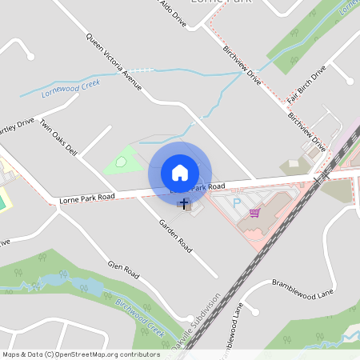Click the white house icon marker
pyautogui.click(x=180, y=172)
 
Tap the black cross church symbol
pyautogui.click(x=184, y=204)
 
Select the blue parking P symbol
pyautogui.click(x=237, y=205)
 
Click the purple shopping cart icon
pyautogui.click(x=254, y=213)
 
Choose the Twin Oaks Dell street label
pyautogui.click(x=58, y=138)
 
